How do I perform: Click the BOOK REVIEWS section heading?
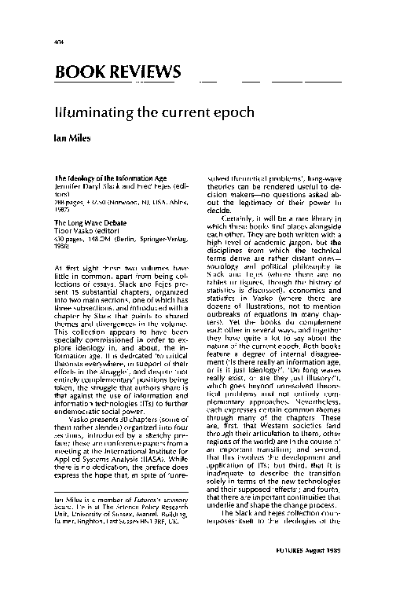(x=117, y=73)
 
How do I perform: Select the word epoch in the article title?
(x=232, y=112)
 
